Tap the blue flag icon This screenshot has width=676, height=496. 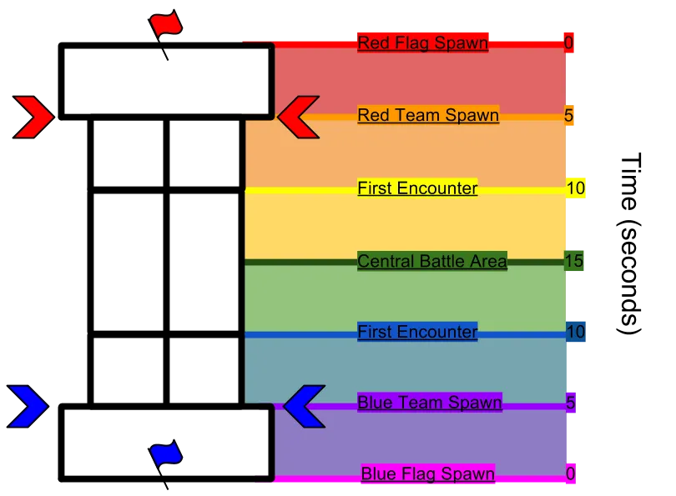(x=166, y=457)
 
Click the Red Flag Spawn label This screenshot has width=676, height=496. (x=422, y=43)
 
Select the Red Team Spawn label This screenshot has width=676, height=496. (x=428, y=115)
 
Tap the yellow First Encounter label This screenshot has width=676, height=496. (x=417, y=188)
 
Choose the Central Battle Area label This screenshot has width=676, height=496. (x=432, y=261)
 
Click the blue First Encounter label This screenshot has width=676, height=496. (x=417, y=332)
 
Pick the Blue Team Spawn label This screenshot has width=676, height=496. (x=430, y=402)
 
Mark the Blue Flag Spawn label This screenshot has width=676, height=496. (x=427, y=473)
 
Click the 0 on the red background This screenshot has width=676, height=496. (x=568, y=43)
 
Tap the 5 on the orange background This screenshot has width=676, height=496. (x=568, y=115)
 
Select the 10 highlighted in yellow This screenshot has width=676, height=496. (x=576, y=188)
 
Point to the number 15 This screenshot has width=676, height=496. (x=574, y=261)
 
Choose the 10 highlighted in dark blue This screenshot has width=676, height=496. (x=576, y=332)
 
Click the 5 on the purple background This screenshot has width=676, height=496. (x=570, y=402)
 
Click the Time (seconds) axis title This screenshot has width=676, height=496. (x=631, y=243)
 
